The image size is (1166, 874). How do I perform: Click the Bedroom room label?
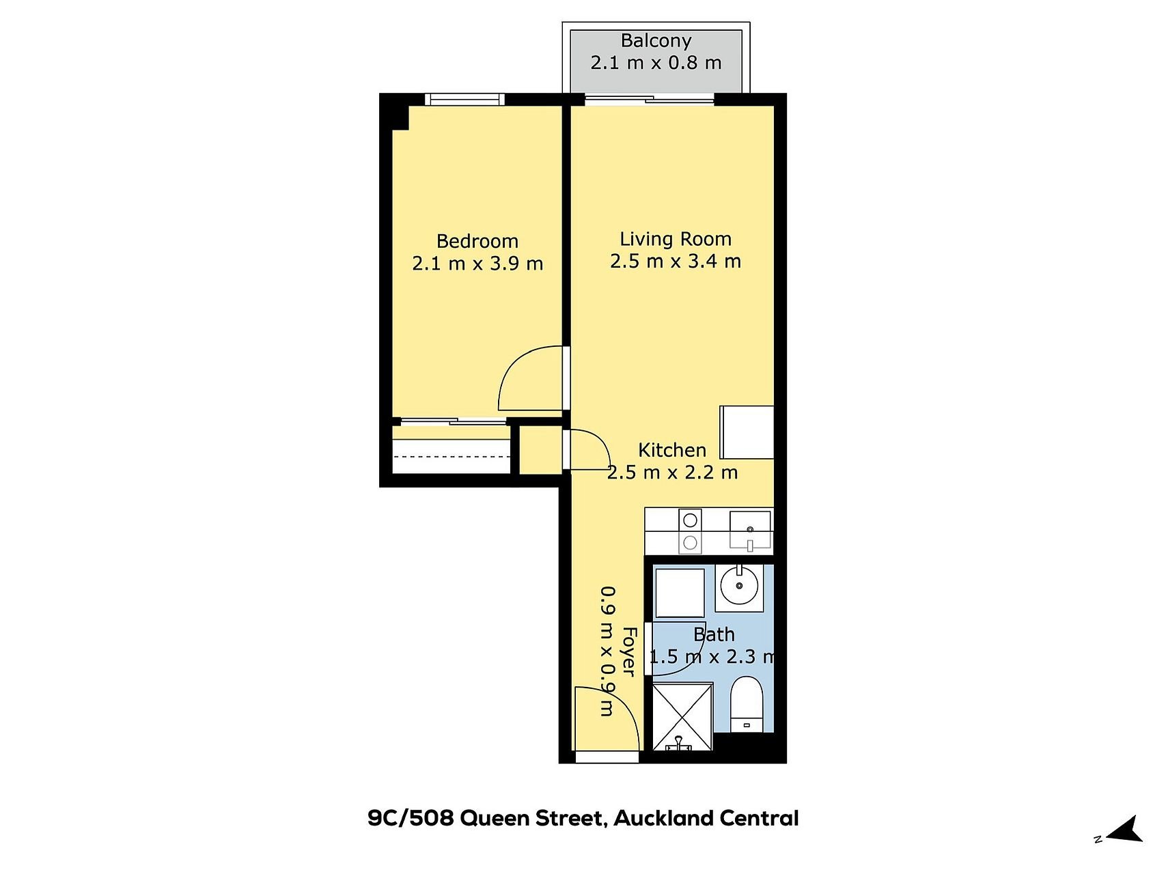[477, 241]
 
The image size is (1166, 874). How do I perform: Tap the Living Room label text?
[676, 239]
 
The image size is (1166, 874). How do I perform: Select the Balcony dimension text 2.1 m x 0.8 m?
[656, 63]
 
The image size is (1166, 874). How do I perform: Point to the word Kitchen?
[672, 450]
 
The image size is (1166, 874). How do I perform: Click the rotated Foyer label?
[629, 651]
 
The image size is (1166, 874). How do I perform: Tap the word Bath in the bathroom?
[714, 634]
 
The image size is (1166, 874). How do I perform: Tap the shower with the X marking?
[682, 716]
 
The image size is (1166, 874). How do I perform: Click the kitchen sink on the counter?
[750, 531]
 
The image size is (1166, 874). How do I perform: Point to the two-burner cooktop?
[690, 531]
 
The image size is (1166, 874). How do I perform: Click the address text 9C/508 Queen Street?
[486, 818]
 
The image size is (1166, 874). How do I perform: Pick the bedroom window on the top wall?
[464, 100]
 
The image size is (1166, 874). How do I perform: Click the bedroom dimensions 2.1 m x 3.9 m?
[477, 264]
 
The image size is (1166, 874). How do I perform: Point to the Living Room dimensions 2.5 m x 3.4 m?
[676, 262]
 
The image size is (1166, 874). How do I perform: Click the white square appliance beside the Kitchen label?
[747, 432]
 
